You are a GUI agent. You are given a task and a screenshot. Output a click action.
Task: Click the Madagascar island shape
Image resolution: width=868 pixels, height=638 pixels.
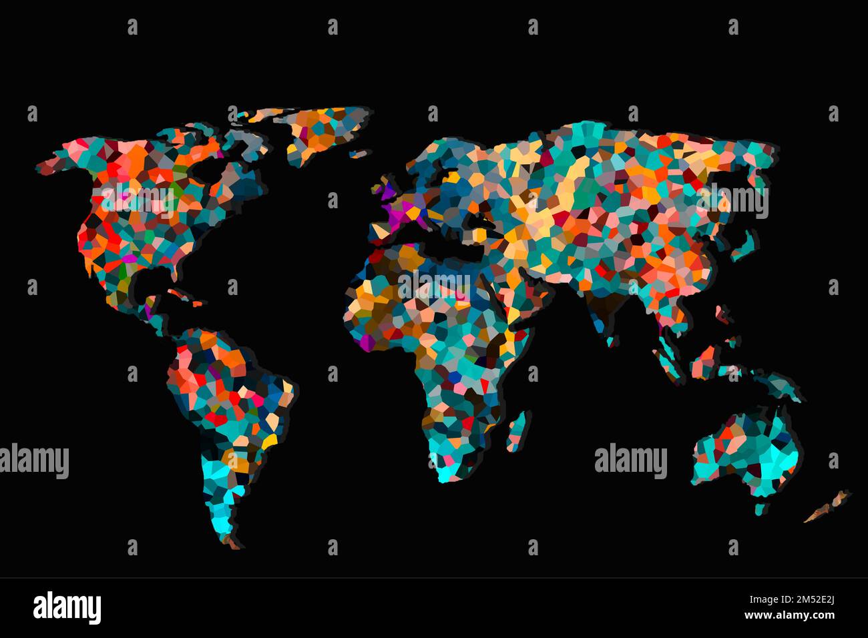pos(517,430)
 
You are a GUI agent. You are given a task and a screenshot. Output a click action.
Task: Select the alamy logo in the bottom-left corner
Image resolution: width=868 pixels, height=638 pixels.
pos(67,607)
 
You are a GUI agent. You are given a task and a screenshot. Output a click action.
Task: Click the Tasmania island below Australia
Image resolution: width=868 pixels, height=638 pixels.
pos(759,509)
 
